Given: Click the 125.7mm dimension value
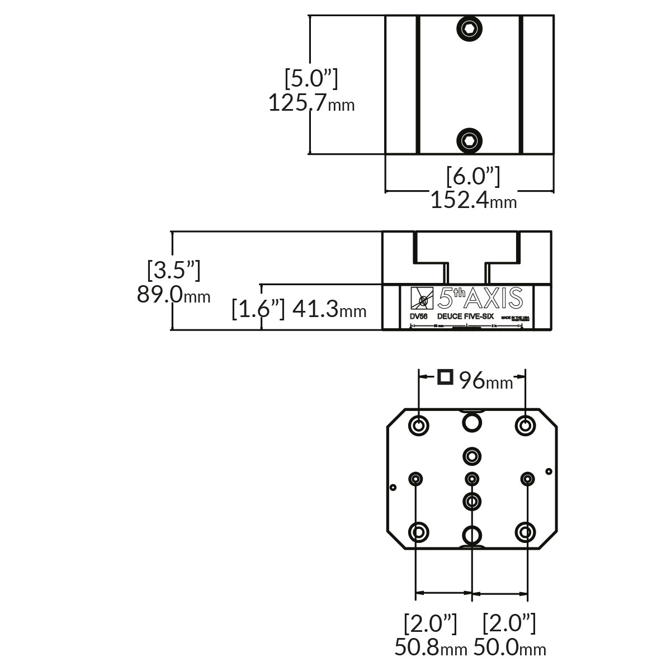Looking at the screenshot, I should tap(311, 103).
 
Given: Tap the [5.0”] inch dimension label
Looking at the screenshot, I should tap(311, 79).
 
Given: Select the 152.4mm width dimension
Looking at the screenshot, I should tap(473, 200).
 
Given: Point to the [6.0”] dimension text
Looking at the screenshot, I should tap(473, 177).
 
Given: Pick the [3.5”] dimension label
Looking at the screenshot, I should tap(173, 270).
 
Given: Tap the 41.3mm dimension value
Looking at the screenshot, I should tap(329, 308).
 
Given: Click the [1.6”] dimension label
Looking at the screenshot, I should tap(258, 308).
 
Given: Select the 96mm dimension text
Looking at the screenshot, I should tap(485, 381).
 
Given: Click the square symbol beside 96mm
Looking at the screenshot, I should tap(445, 377).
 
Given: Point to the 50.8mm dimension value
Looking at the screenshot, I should tap(431, 647).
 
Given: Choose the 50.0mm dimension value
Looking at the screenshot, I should tap(509, 647).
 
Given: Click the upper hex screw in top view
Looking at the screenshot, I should tap(470, 29).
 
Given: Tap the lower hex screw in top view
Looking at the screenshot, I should tap(470, 140).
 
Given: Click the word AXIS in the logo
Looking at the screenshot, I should tap(495, 298).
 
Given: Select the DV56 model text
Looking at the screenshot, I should tap(419, 316).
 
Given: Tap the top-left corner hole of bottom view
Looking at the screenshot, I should tap(419, 425).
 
